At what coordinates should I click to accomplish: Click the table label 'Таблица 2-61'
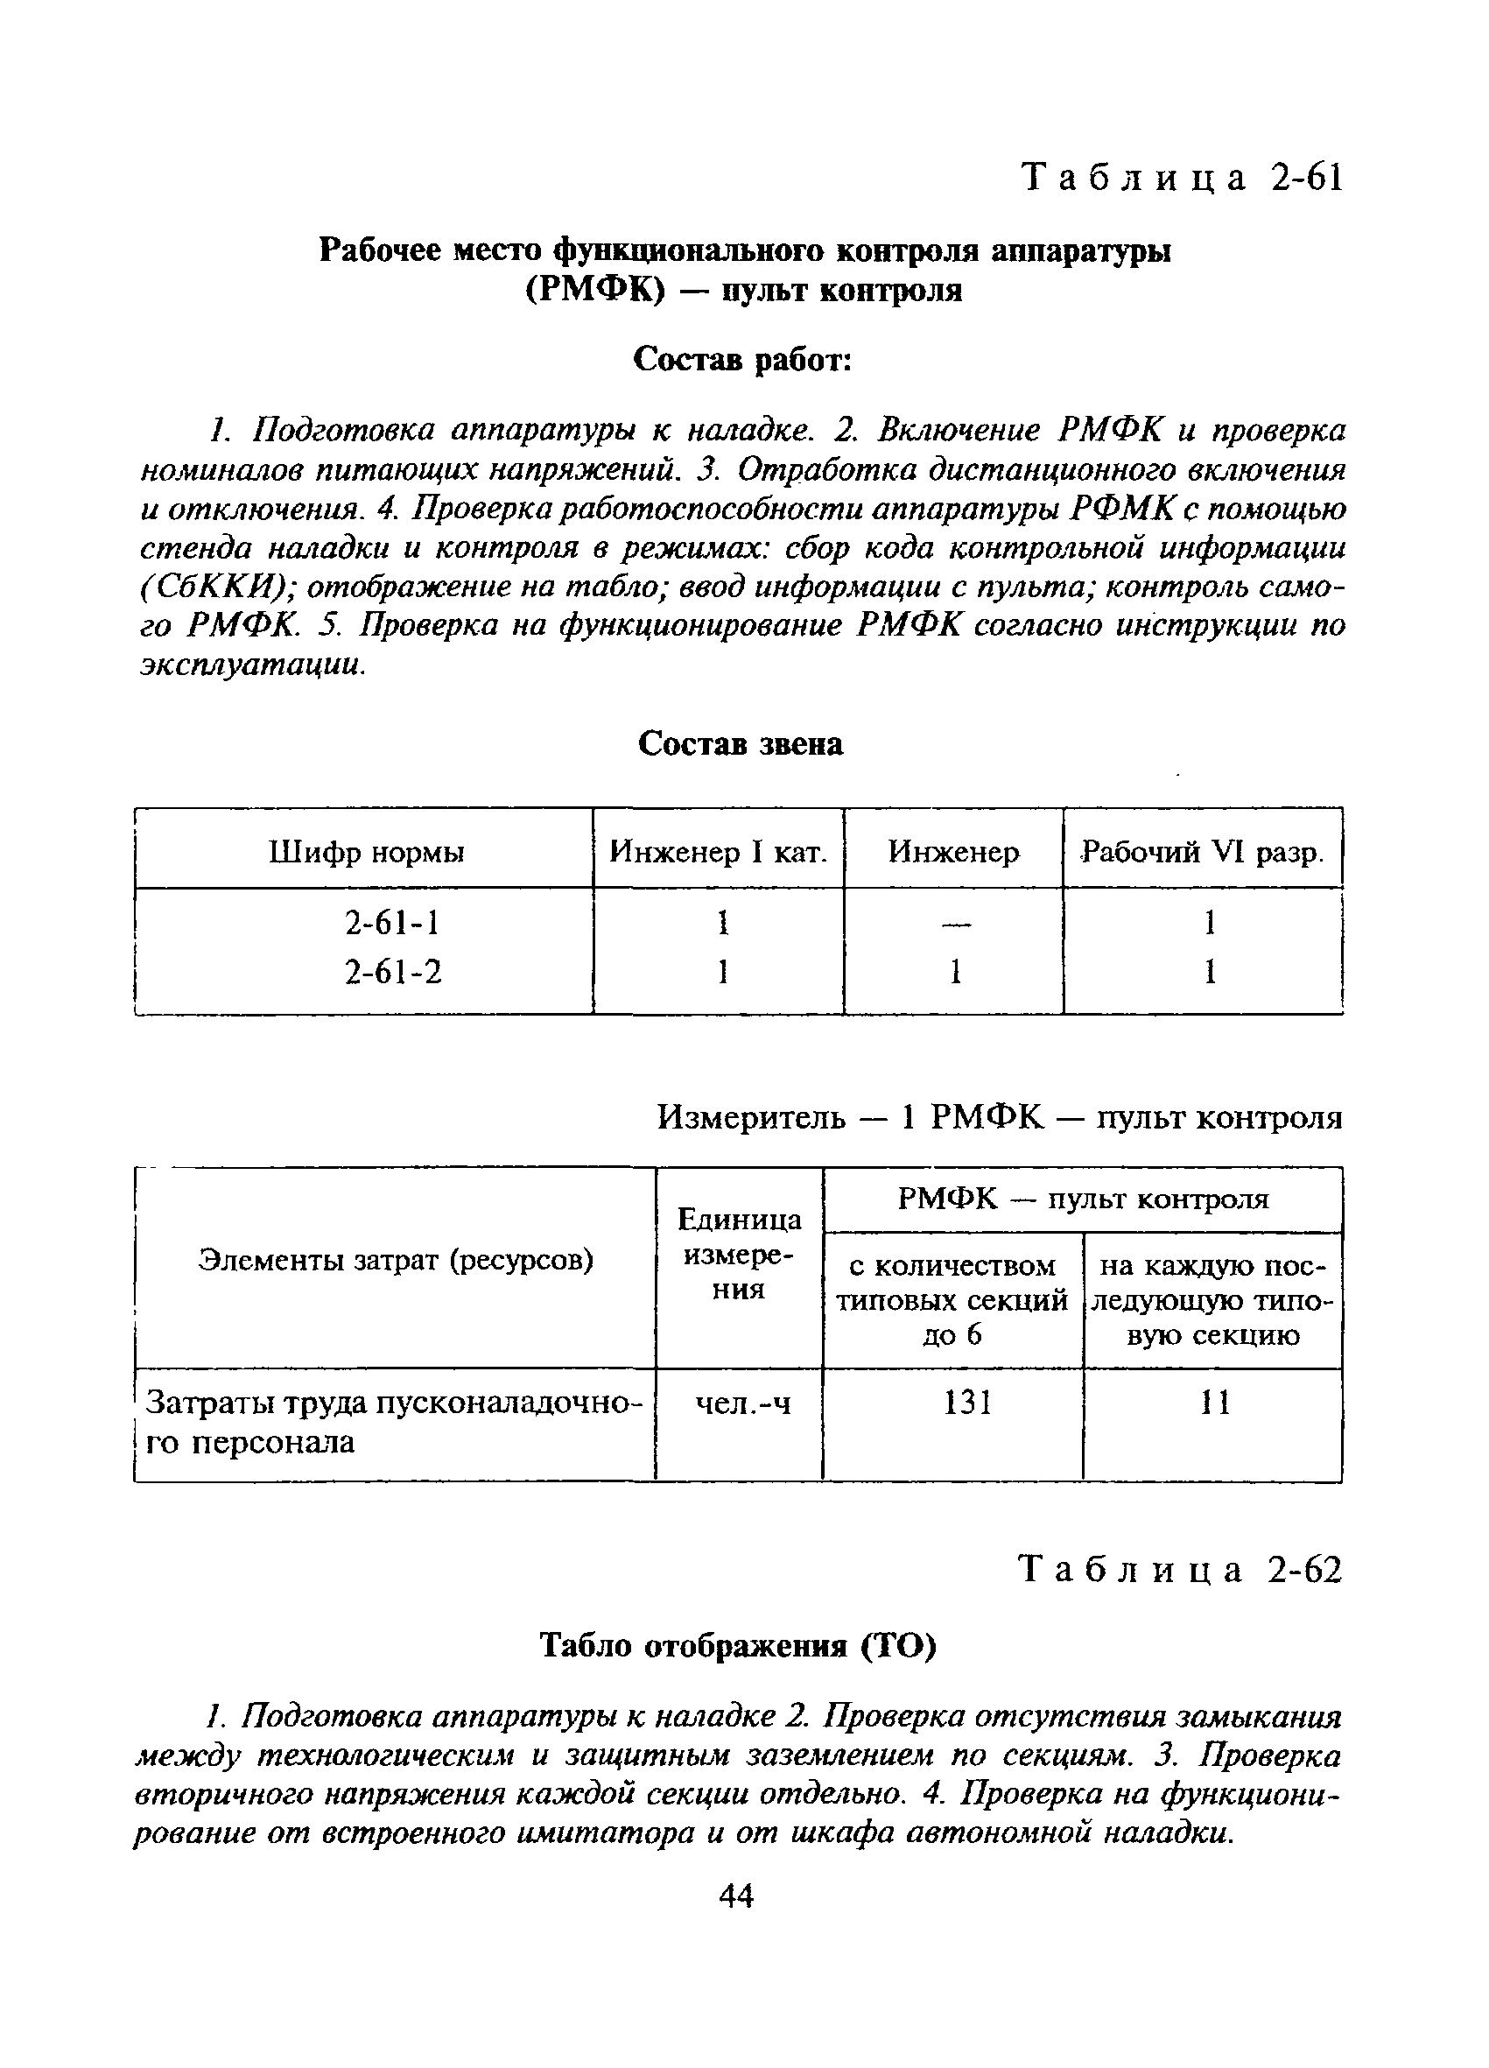tap(1182, 179)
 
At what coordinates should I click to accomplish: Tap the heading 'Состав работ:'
tap(742, 359)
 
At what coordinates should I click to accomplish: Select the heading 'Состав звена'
tap(741, 744)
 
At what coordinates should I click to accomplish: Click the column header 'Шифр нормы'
tap(367, 853)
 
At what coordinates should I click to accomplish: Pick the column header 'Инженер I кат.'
tap(719, 853)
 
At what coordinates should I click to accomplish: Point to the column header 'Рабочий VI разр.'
tap(1202, 853)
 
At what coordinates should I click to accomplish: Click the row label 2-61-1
tap(393, 924)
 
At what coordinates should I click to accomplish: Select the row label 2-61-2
tap(393, 972)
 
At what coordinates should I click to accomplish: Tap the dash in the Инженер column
tap(953, 925)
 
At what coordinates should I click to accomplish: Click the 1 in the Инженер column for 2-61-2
tap(954, 973)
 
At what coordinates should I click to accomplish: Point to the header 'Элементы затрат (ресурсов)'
tap(396, 1261)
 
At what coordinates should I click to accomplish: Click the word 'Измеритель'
tap(751, 1117)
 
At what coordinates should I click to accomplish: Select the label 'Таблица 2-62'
tap(1180, 1570)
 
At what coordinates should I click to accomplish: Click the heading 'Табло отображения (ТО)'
tap(738, 1646)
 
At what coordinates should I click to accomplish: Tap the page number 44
tap(737, 1896)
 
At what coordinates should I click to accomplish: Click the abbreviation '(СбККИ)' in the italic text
tap(215, 588)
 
